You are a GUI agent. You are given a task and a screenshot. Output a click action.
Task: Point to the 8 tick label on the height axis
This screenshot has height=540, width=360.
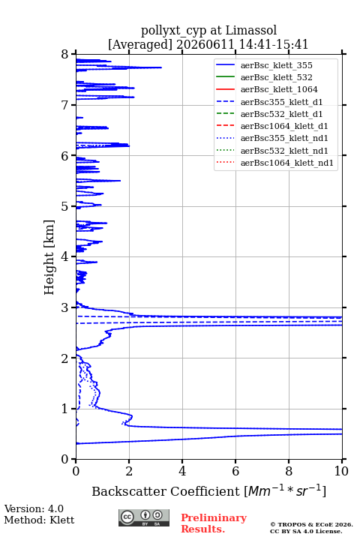click(x=65, y=55)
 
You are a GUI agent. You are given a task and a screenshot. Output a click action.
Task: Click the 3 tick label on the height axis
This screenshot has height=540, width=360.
click(x=65, y=307)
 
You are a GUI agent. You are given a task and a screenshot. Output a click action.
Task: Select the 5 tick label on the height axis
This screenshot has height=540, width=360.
click(x=65, y=206)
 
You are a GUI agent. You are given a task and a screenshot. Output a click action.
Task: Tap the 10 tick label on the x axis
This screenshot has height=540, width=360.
click(x=341, y=471)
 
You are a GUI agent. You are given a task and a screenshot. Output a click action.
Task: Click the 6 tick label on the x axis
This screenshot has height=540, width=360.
click(x=235, y=471)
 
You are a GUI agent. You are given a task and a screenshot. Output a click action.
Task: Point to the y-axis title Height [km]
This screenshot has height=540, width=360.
click(x=49, y=257)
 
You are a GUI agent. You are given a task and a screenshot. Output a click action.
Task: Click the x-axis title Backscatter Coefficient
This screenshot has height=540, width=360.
click(x=165, y=491)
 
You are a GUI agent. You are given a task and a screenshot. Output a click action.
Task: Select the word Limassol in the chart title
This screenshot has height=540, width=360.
click(x=251, y=31)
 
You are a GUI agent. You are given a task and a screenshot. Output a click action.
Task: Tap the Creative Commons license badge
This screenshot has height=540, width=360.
click(x=144, y=517)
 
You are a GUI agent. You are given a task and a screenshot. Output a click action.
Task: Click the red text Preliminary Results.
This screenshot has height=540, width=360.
click(x=214, y=523)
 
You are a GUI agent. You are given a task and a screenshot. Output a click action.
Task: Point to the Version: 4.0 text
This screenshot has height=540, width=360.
click(x=34, y=508)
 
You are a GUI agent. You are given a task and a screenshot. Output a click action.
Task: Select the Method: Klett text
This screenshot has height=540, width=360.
click(x=39, y=520)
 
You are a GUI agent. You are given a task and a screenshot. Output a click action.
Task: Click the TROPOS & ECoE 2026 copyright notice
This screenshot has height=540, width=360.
click(x=311, y=524)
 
